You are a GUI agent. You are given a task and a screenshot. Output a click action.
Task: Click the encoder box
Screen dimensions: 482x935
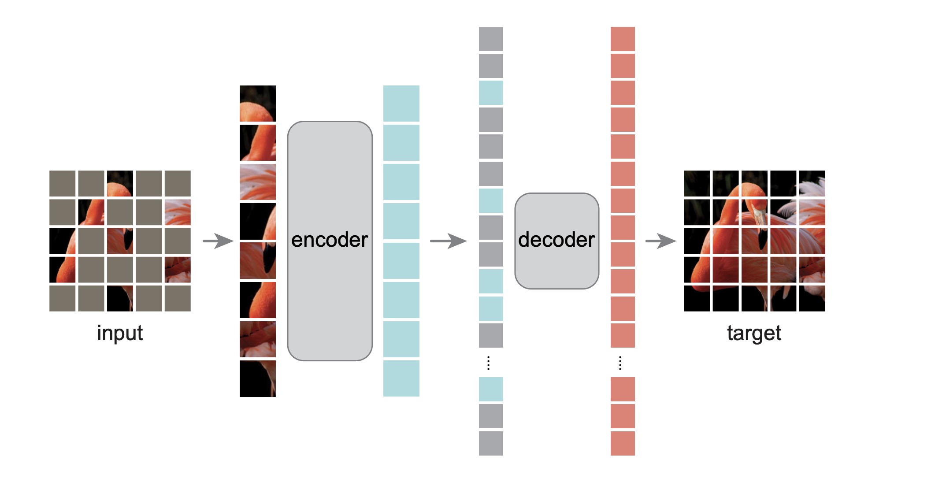pyautogui.click(x=330, y=241)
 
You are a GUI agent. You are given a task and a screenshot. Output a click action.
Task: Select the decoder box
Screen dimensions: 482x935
pyautogui.click(x=557, y=241)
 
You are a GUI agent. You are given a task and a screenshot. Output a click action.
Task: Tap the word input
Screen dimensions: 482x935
pyautogui.click(x=120, y=333)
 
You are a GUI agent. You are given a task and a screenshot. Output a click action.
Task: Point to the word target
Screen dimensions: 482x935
pyautogui.click(x=754, y=333)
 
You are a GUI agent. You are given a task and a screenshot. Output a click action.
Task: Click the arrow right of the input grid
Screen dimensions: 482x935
pyautogui.click(x=218, y=241)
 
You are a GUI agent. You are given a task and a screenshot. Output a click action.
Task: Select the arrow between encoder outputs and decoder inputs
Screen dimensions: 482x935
pyautogui.click(x=448, y=241)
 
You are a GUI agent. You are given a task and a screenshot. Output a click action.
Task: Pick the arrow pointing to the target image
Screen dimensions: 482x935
pyautogui.click(x=660, y=241)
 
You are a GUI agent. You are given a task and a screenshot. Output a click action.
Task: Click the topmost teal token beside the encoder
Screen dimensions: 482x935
pyautogui.click(x=401, y=104)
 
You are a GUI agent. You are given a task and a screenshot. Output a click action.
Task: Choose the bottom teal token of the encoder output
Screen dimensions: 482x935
pyautogui.click(x=401, y=378)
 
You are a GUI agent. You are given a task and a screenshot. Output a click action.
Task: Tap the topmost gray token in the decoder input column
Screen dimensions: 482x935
pyautogui.click(x=491, y=39)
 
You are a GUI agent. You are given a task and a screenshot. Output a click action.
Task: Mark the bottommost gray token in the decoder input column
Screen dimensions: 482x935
pyautogui.click(x=491, y=443)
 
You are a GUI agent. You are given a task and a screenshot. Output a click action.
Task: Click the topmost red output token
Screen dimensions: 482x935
pyautogui.click(x=623, y=39)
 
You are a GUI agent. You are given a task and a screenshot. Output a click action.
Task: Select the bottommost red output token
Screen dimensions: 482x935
pyautogui.click(x=623, y=443)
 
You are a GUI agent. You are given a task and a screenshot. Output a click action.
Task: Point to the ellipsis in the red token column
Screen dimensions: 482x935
pyautogui.click(x=620, y=363)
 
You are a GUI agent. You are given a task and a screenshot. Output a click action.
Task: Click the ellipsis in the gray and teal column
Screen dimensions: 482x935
pyautogui.click(x=488, y=363)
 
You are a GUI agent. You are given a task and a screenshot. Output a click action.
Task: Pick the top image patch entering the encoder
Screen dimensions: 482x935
pyautogui.click(x=257, y=104)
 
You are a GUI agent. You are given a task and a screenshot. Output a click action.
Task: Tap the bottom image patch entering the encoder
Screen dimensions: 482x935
pyautogui.click(x=257, y=378)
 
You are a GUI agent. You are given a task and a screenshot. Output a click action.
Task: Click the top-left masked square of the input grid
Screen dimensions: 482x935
pyautogui.click(x=62, y=183)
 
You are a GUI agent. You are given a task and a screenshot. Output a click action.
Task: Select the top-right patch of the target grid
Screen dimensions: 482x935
pyautogui.click(x=812, y=183)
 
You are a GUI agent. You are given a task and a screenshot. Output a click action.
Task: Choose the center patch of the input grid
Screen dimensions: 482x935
pyautogui.click(x=120, y=241)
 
